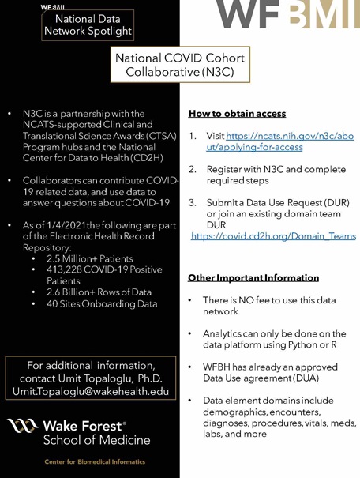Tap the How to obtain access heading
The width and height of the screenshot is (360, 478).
tap(237, 113)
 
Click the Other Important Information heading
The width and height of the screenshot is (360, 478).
tap(253, 278)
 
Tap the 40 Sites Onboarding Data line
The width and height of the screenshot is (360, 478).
tap(101, 303)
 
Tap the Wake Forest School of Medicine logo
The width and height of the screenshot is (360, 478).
tap(79, 431)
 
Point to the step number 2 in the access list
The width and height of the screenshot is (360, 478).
tap(192, 169)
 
